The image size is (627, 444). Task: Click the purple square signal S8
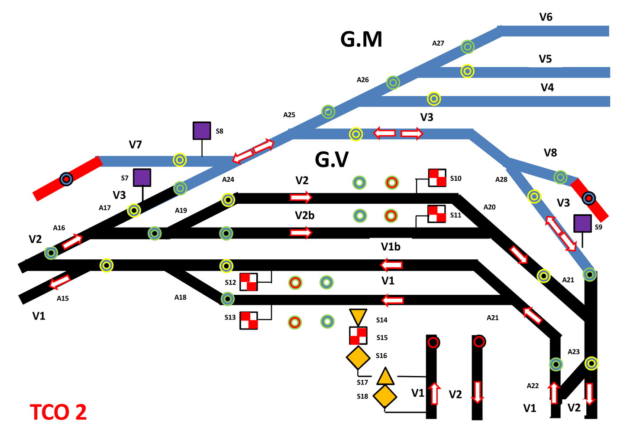tap(202, 131)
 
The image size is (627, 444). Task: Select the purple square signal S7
tap(142, 178)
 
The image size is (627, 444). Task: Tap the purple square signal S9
tap(582, 223)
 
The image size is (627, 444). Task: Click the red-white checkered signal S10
tap(437, 178)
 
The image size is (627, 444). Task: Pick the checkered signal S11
tap(436, 214)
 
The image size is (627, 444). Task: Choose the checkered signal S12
tap(249, 282)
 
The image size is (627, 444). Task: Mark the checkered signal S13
tap(249, 320)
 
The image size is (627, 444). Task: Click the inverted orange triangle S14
tap(358, 317)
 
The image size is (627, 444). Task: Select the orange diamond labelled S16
tap(358, 358)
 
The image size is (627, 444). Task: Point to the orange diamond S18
tap(385, 396)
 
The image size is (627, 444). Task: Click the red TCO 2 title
tap(58, 412)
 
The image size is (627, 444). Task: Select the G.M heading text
tap(361, 39)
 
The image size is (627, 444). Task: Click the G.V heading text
tap(331, 160)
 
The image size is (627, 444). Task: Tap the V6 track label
tap(546, 17)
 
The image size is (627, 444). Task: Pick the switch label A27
tap(438, 43)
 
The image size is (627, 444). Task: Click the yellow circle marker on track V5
tap(467, 71)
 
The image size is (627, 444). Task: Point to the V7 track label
tap(136, 144)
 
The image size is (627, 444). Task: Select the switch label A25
tap(289, 115)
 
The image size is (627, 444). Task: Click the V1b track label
tap(391, 247)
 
